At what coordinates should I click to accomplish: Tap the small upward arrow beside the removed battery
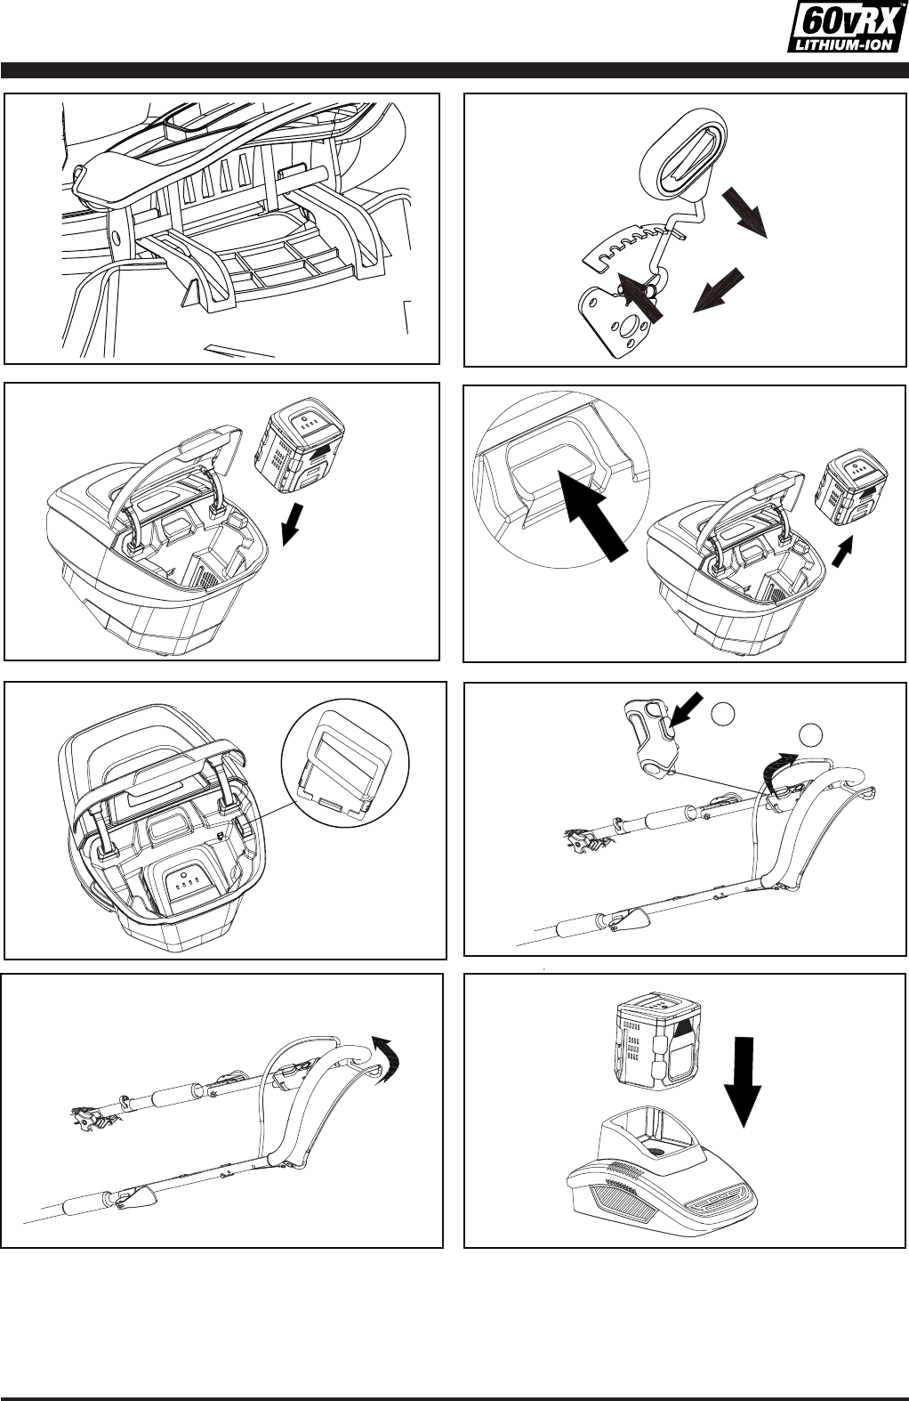[842, 550]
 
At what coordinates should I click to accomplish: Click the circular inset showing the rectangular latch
[345, 763]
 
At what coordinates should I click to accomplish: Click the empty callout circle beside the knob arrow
[723, 714]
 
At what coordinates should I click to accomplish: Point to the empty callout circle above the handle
[811, 735]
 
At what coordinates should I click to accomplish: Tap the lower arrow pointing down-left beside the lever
[719, 290]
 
